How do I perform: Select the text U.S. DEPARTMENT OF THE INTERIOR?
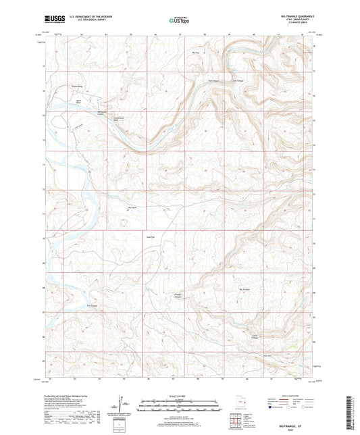point(86,17)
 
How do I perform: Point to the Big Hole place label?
point(197,52)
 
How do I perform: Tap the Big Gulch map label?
point(133,207)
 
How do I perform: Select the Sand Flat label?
point(151,236)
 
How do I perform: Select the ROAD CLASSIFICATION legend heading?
point(282,396)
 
